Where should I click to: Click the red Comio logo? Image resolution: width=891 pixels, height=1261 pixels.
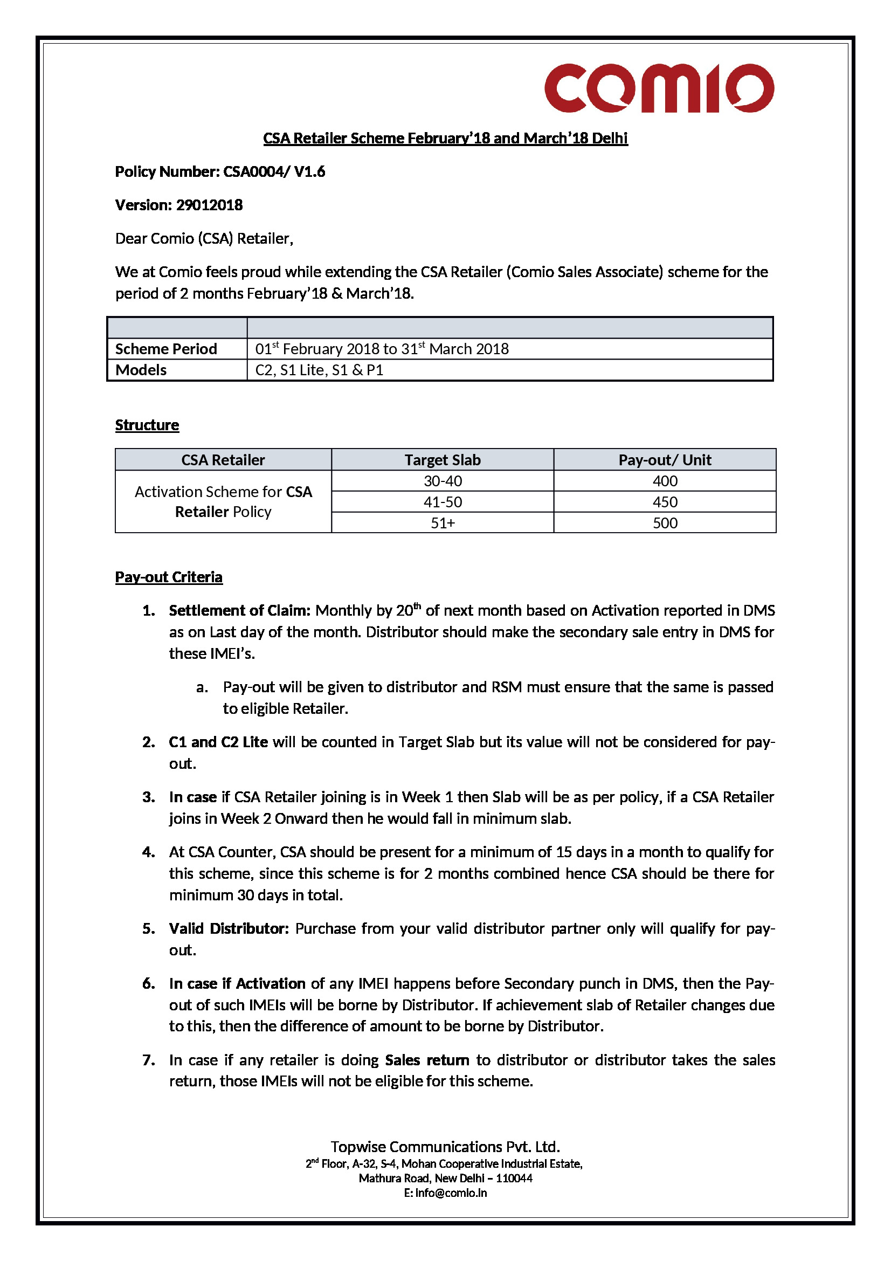click(x=658, y=88)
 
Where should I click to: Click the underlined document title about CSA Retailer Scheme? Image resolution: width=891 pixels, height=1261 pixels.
click(x=445, y=138)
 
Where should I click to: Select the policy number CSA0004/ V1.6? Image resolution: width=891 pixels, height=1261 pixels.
click(x=273, y=172)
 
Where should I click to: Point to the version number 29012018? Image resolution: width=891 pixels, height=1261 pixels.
click(x=209, y=205)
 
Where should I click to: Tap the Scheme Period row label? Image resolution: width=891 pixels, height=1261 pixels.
click(x=166, y=349)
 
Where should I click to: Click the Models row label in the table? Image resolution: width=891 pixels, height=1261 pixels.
click(x=141, y=370)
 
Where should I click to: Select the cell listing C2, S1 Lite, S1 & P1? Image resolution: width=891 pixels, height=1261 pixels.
click(x=319, y=370)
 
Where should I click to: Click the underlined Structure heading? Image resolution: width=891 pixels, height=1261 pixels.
click(x=147, y=425)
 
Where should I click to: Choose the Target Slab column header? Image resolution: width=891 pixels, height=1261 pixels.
click(x=442, y=460)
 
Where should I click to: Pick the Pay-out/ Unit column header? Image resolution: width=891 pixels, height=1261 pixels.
click(x=664, y=460)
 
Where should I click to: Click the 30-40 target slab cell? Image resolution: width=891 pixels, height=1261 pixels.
click(x=443, y=481)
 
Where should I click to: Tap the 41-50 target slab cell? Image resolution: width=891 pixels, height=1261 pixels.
click(x=443, y=502)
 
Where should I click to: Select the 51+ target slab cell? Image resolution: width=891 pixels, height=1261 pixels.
click(x=443, y=523)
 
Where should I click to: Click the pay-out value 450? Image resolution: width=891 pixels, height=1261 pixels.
click(x=665, y=502)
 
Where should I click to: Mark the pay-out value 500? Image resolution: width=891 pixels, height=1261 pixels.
click(x=665, y=523)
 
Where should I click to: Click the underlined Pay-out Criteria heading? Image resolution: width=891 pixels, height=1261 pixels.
click(x=169, y=577)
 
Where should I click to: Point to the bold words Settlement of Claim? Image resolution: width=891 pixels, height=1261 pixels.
click(x=239, y=611)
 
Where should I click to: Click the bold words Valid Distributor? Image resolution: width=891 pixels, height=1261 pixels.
click(x=229, y=929)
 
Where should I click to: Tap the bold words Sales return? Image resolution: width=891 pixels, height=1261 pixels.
click(x=426, y=1060)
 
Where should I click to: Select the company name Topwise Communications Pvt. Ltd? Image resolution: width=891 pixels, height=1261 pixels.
click(x=445, y=1147)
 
